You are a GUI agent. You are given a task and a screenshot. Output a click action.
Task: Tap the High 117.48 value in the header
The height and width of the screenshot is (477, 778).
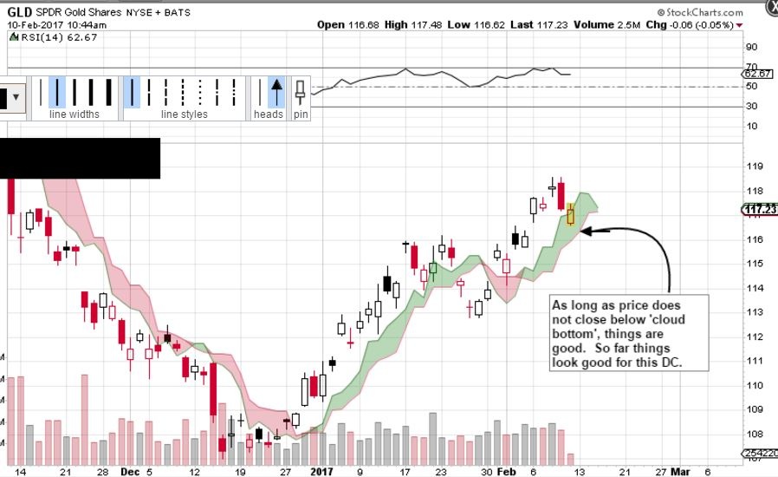coord(408,24)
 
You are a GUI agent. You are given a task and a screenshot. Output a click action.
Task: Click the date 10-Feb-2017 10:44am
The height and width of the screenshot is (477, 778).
coord(50,24)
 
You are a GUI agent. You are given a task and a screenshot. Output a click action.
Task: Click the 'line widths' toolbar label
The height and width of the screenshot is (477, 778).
coord(74,114)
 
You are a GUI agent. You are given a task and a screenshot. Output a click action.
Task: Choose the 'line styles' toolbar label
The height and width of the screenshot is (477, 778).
coord(185,114)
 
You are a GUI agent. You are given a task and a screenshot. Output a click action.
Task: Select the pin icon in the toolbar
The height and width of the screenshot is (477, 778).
coord(301,90)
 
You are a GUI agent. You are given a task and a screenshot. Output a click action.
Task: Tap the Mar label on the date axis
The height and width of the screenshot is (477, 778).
coord(683,472)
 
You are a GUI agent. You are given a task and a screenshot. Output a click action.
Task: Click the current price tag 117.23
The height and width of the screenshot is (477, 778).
coord(759,209)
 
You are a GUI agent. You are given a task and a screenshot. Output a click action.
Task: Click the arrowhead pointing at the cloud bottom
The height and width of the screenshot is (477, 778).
coord(587,231)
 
